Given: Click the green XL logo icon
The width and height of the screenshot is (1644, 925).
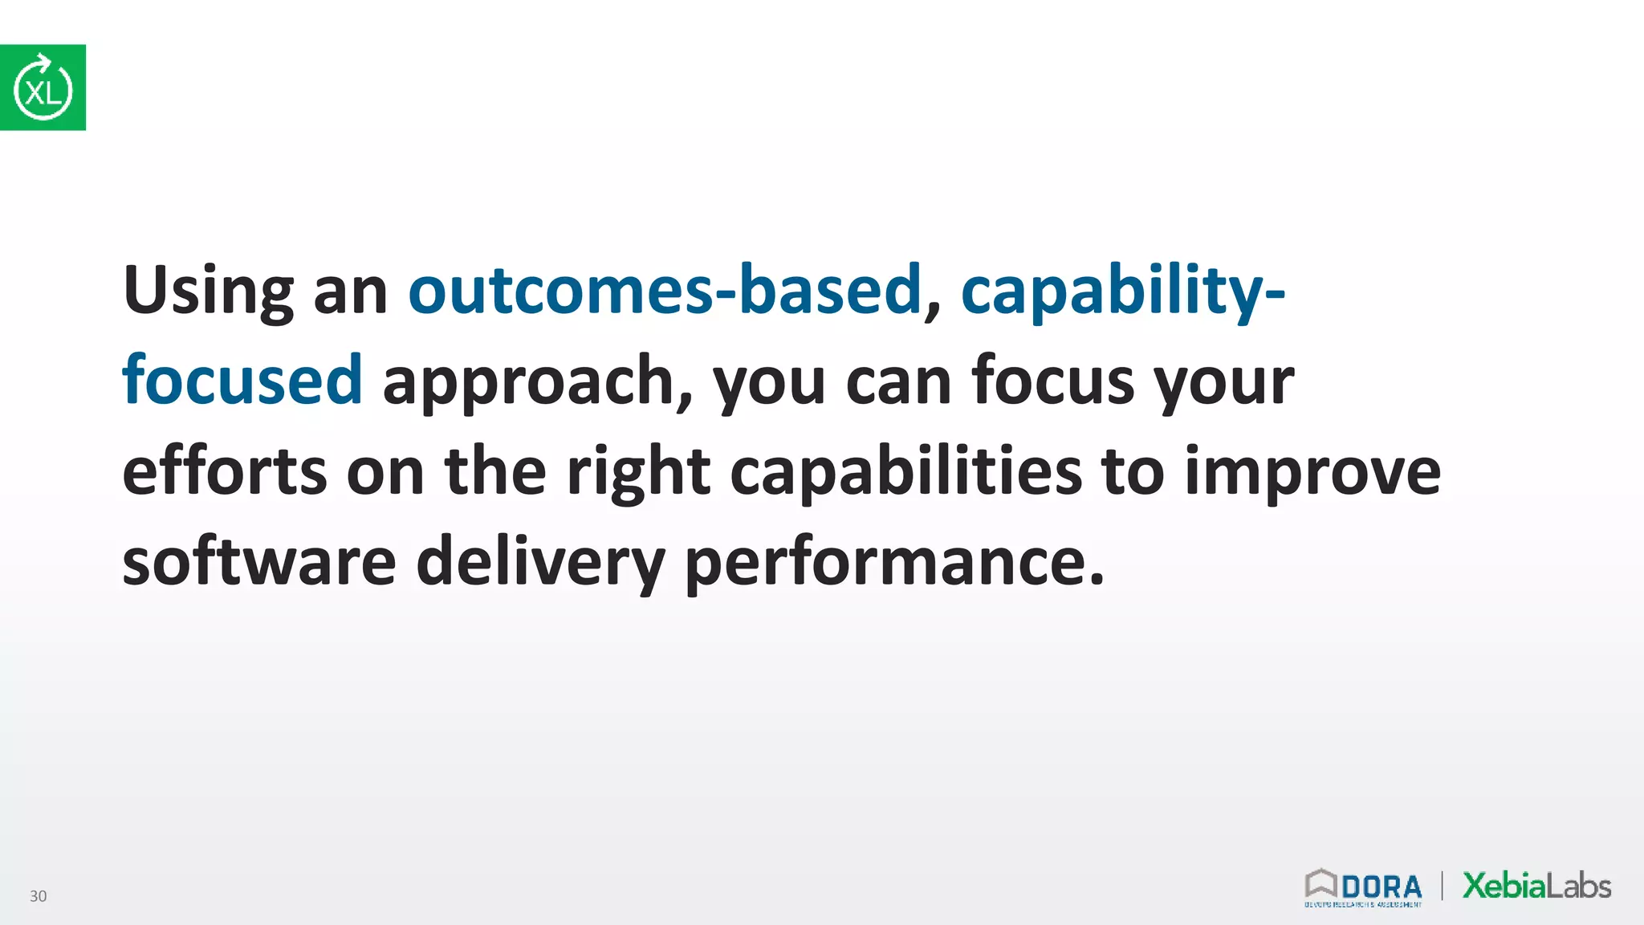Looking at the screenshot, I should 43,88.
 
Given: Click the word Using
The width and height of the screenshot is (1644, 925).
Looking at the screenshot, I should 208,291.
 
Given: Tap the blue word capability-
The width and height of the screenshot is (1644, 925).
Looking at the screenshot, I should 1122,291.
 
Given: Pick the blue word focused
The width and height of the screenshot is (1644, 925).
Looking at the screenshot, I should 242,380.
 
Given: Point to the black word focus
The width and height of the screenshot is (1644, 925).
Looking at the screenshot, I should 1052,380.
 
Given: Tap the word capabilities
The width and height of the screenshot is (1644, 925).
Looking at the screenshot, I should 905,472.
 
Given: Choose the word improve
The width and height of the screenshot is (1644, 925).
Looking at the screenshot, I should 1312,472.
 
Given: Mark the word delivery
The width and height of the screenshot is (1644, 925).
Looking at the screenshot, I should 540,562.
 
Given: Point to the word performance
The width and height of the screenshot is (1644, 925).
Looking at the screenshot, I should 893,562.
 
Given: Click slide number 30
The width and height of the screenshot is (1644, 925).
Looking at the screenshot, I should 38,896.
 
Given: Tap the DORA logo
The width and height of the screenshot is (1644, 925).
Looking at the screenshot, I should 1363,887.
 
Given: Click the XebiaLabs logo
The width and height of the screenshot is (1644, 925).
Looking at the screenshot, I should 1536,886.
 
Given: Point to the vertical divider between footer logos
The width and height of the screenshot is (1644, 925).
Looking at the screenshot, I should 1442,886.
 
